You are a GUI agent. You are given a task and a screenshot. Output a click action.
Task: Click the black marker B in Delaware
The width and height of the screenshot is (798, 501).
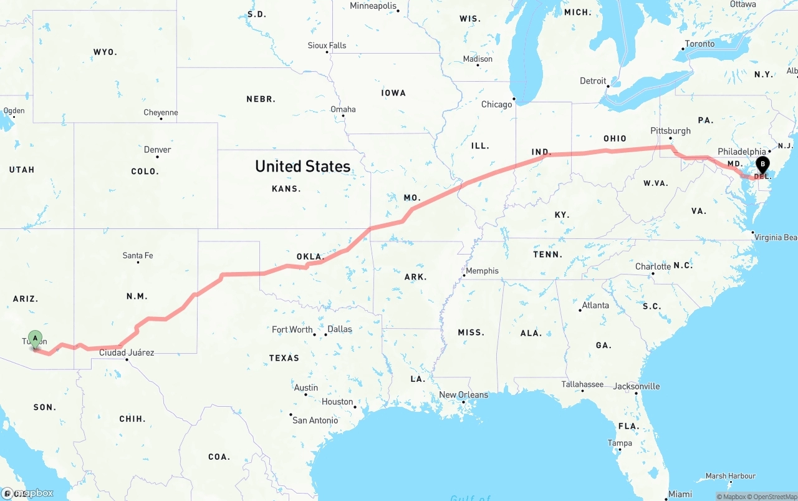pos(762,165)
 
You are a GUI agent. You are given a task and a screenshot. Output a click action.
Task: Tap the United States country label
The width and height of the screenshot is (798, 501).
pos(302,166)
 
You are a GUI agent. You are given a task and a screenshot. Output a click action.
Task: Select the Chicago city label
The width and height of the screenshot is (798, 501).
pos(496,104)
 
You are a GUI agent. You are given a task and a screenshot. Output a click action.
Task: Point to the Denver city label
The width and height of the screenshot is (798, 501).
pos(157,150)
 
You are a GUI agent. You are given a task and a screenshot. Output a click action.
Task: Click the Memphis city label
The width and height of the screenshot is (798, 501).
pos(483,271)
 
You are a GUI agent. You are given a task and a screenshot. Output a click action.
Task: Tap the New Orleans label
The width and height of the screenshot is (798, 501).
pos(463,395)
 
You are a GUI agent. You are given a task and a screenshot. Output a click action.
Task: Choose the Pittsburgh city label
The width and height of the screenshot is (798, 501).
pos(670,131)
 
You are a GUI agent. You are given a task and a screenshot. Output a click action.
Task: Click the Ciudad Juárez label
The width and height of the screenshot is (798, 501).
pos(127,353)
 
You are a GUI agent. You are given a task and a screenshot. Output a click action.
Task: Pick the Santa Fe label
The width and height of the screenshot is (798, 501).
pos(138,255)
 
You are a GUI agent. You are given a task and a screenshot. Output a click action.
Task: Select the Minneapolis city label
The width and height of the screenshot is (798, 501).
pos(373,6)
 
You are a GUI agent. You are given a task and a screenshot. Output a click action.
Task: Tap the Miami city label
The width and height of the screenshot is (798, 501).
pos(680,494)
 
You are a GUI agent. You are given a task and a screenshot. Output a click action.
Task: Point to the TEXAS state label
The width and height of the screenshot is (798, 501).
pos(284,358)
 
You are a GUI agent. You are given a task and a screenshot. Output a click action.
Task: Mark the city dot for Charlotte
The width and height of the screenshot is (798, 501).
pos(653,274)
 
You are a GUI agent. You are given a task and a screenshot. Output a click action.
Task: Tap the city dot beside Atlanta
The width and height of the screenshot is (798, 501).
pos(580,310)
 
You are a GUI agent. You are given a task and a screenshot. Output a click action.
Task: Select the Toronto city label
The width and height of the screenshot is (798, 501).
pos(699,44)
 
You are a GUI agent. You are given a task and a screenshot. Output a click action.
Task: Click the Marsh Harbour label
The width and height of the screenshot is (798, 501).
pos(731,476)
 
